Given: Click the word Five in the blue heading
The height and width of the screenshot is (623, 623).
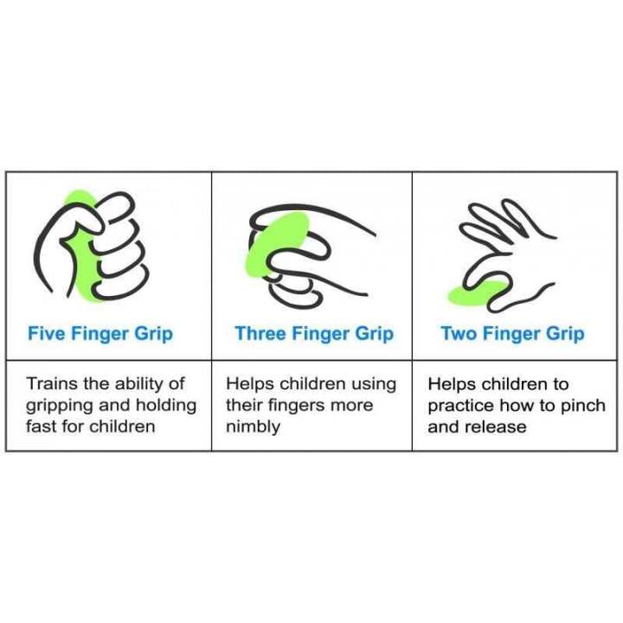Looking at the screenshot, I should [46, 334].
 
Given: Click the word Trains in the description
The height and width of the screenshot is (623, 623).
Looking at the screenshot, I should [50, 383].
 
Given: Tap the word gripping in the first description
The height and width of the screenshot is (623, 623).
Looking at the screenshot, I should [58, 406].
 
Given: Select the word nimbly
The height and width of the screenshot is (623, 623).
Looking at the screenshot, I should [253, 427].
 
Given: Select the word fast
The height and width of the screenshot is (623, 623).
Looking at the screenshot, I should [42, 427].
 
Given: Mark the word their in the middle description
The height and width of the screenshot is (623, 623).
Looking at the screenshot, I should [245, 406].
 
